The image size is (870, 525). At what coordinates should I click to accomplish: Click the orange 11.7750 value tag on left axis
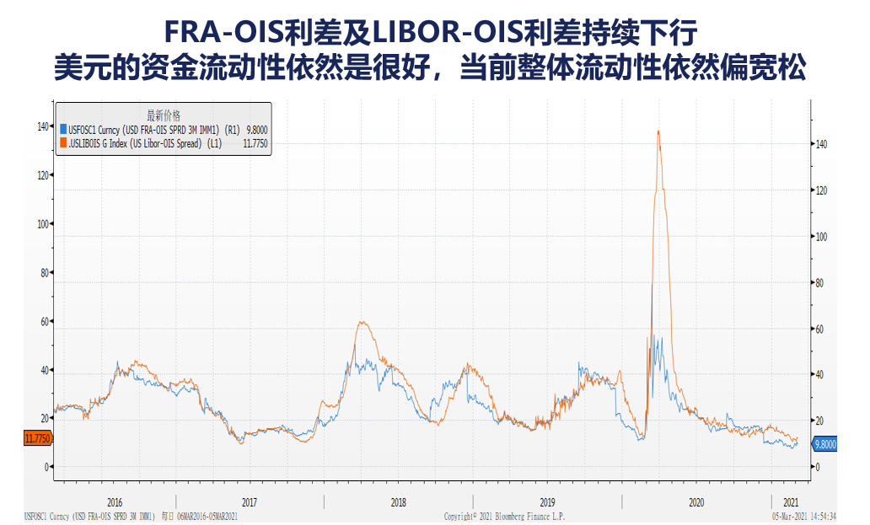[x=38, y=438]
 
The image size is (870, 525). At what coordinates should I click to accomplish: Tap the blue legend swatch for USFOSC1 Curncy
[x=62, y=130]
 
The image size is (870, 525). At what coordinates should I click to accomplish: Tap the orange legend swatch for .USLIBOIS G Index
[x=62, y=144]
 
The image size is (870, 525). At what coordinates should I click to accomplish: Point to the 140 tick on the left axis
[x=42, y=126]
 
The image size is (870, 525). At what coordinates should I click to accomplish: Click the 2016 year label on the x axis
[x=115, y=501]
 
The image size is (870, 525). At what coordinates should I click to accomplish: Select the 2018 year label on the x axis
[x=399, y=501]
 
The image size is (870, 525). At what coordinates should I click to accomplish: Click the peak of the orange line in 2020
[x=658, y=131]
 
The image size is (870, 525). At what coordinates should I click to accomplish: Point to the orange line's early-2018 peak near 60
[x=361, y=322]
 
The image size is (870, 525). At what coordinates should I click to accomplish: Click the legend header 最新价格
[x=164, y=115]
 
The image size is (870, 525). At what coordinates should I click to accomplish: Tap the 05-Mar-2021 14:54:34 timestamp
[x=804, y=516]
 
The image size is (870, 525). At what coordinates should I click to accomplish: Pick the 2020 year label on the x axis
[x=695, y=501]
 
